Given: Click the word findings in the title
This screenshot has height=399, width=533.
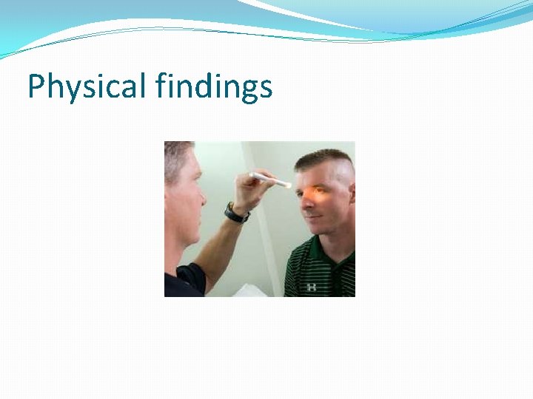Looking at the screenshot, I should pos(214,88).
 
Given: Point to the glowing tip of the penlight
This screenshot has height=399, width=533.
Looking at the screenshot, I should pos(286,184).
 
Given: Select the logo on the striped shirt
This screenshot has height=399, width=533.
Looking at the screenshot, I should pos(312,286).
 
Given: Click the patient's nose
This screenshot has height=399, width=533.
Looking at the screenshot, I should pos(306,211).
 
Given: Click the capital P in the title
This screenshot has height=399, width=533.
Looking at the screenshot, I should pos(36,86).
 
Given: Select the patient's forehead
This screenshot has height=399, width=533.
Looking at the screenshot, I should pos(315,177).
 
